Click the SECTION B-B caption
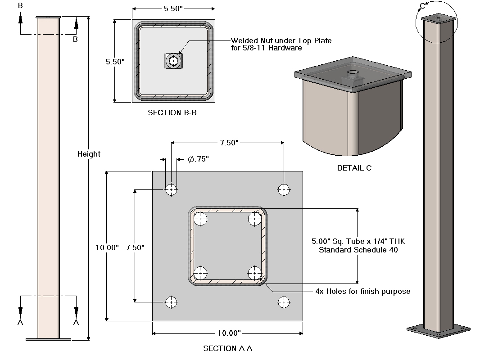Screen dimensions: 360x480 coord(172,113)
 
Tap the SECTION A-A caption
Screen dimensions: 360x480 coord(231,348)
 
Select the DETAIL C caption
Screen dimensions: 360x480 coord(354,168)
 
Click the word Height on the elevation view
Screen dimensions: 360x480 coord(89,154)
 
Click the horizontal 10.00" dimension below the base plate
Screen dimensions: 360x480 coord(227,333)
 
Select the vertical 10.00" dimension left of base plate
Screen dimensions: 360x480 coord(107,247)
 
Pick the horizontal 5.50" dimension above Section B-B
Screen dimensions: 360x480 coord(173,9)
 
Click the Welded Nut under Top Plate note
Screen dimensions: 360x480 coord(281,44)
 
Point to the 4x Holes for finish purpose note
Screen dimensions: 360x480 coord(363,292)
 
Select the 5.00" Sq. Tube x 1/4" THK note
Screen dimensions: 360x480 coord(358,246)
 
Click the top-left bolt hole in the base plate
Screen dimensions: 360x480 coord(171,190)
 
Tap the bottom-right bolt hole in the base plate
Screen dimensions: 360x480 coord(284,302)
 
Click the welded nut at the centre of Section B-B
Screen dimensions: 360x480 coord(174,60)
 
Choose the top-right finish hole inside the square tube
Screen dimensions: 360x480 coord(255,220)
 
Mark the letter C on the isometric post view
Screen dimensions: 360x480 coord(422,6)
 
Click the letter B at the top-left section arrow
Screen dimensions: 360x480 coord(20,6)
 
